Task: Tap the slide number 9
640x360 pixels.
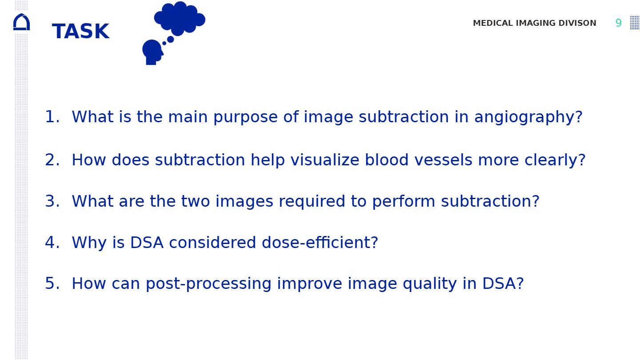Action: tap(618, 23)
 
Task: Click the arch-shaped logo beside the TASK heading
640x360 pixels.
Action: tap(21, 22)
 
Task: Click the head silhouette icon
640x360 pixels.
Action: tap(153, 52)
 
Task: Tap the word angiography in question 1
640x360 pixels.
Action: tap(528, 117)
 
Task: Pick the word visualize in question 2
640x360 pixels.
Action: tap(325, 160)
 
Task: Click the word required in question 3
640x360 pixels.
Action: tap(312, 202)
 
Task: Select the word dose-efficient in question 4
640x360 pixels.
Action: tap(320, 243)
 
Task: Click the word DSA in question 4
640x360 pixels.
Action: tap(147, 243)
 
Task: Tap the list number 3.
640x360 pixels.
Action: tap(52, 201)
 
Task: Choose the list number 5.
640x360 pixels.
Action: tap(52, 284)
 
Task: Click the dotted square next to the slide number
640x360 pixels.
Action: tap(635, 23)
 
